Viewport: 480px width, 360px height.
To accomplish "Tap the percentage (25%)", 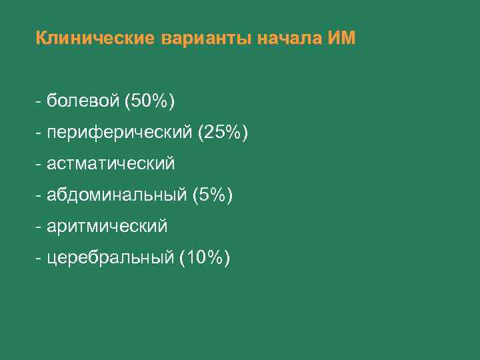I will coord(223,133).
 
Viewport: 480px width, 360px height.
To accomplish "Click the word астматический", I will coord(111,163).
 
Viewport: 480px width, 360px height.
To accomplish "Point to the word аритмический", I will coord(107,227).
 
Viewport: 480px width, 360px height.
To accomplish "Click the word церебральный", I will coord(111,258).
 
